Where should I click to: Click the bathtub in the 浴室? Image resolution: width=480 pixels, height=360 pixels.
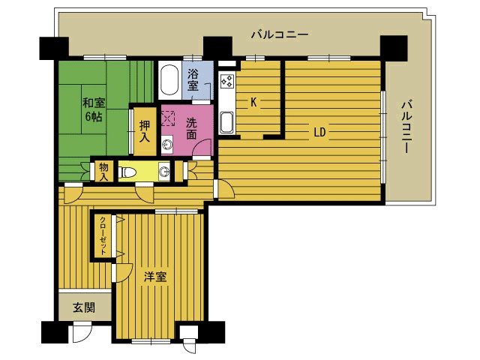(x=169, y=80)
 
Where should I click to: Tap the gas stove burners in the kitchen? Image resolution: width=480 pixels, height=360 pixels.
(x=227, y=82)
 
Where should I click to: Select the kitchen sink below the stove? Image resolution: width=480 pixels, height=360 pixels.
(x=226, y=122)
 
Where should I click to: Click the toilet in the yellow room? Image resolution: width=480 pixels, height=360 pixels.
(x=127, y=172)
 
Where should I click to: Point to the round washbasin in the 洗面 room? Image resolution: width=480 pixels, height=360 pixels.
(x=167, y=144)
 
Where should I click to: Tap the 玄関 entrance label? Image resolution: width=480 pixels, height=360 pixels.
(x=84, y=307)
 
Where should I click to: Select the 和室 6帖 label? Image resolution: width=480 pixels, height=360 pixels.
(x=94, y=109)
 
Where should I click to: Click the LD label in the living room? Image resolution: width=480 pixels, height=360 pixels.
(x=319, y=132)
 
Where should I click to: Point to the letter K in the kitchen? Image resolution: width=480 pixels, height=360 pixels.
(x=253, y=102)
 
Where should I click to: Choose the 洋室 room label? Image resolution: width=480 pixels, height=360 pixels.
(x=155, y=277)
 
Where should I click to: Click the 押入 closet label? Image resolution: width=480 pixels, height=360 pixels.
(x=145, y=131)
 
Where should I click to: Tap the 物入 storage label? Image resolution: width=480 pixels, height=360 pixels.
(x=104, y=172)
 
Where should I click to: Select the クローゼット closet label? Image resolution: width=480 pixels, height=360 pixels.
(x=103, y=235)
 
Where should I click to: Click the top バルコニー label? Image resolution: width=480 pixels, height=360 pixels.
(x=280, y=34)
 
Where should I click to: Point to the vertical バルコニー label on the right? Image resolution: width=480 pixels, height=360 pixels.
(x=406, y=127)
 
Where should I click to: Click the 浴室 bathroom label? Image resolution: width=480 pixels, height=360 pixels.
(x=193, y=79)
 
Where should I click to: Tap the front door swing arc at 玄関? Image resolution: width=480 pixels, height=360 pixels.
(x=82, y=333)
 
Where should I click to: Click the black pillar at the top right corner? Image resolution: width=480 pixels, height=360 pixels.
(x=394, y=48)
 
